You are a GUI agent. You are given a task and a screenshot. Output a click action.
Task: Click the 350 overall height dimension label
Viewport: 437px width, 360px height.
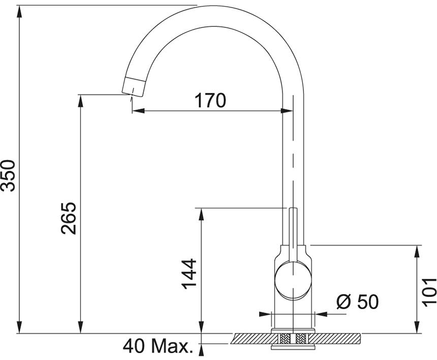(8, 175)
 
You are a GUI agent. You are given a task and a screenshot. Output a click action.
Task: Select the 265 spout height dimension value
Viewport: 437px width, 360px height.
(69, 218)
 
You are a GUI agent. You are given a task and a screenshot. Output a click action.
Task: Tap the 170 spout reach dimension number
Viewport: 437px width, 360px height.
(210, 101)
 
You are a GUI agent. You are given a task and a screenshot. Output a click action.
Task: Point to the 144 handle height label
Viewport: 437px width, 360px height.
(189, 274)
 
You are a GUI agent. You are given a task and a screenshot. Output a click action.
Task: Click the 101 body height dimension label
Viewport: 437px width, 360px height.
(429, 292)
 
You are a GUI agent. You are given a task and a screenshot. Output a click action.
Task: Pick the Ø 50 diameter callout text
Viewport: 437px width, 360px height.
(358, 302)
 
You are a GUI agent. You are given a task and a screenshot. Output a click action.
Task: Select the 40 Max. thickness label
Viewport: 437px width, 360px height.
(158, 346)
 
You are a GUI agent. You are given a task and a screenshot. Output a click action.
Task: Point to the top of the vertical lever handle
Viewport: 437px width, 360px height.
(293, 208)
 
